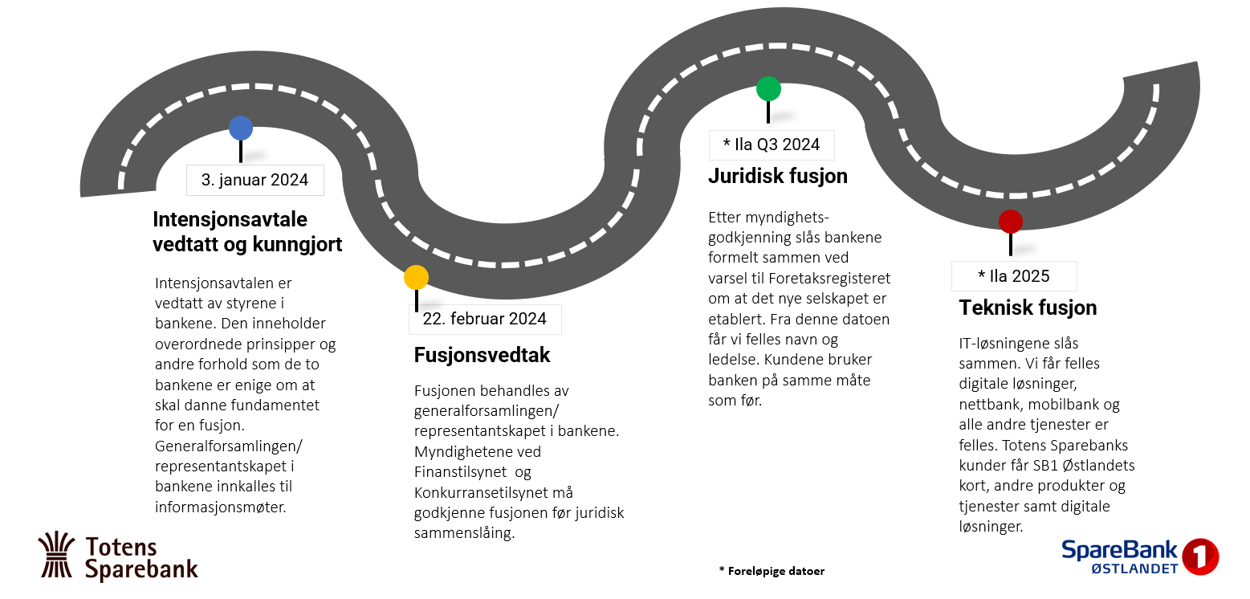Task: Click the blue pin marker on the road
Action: [x=240, y=128]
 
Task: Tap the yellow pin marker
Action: [x=416, y=277]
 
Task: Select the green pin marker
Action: [x=768, y=88]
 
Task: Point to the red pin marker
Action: [x=1010, y=222]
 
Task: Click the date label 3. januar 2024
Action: [x=254, y=180]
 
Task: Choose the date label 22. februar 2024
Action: [x=484, y=319]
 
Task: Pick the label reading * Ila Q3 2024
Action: [x=772, y=145]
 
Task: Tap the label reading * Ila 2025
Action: [x=1013, y=276]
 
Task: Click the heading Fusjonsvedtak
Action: [x=482, y=355]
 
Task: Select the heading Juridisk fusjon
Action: [x=777, y=176]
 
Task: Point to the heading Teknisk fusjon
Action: [x=1028, y=308]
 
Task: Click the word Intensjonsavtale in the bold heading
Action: [x=230, y=220]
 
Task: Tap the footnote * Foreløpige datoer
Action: [x=772, y=571]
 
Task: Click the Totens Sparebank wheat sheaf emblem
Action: [x=57, y=555]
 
